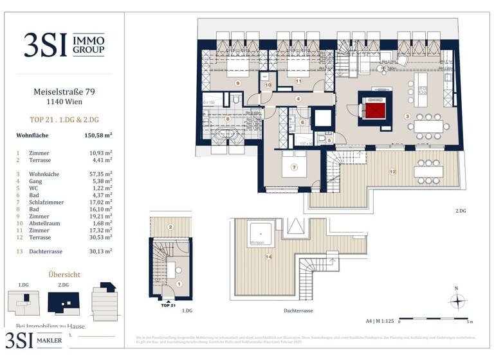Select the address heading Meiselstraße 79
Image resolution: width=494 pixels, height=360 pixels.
[x=64, y=91]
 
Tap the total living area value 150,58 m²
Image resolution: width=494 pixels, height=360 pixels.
[x=98, y=136]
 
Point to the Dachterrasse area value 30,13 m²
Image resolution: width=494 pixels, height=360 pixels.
[x=98, y=251]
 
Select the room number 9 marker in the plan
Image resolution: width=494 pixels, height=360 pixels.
[x=237, y=83]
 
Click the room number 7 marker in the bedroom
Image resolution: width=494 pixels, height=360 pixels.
[x=294, y=167]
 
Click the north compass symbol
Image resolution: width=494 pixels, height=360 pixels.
[x=457, y=300]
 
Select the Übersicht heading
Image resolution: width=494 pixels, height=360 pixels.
[x=64, y=274]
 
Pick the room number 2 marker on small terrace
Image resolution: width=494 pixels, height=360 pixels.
[x=170, y=227]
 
